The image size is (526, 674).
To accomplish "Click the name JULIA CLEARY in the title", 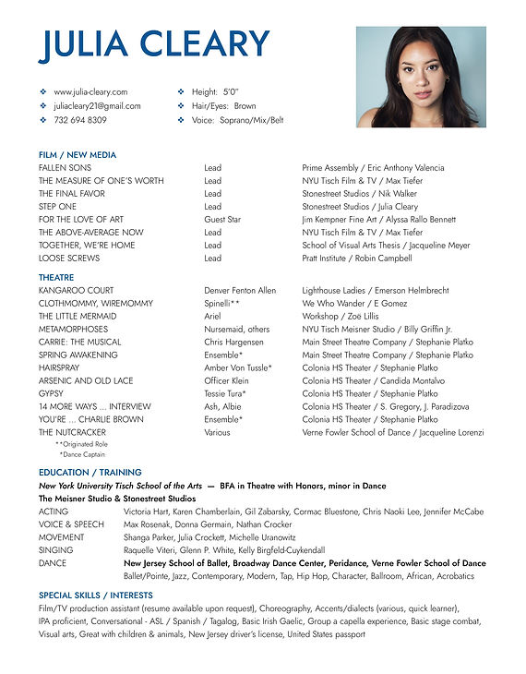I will point(154,44).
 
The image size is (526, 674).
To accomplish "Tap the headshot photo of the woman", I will point(421,77).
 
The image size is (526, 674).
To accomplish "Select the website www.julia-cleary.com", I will point(90,92).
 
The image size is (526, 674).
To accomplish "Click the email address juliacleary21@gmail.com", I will point(97,106).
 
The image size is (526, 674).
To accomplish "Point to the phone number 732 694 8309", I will point(80,120).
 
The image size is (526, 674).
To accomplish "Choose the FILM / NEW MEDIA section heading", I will point(78,155).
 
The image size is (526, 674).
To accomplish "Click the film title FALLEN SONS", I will point(65,168).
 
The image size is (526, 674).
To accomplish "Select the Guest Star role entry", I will point(222,220).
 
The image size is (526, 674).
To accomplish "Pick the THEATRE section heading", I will point(57,277).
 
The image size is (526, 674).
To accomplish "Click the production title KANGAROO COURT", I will point(77,290).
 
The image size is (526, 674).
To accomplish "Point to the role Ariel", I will point(213,316).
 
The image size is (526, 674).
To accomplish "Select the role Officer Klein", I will point(226,380).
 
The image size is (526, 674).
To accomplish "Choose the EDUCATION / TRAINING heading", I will point(90,473).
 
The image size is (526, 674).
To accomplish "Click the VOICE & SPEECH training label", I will point(71,524).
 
